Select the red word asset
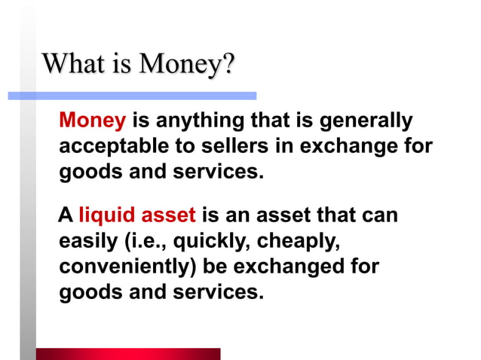pyautogui.click(x=170, y=217)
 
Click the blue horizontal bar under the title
pyautogui.click(x=132, y=96)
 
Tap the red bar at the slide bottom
pyautogui.click(x=128, y=354)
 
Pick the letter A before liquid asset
pyautogui.click(x=66, y=217)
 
